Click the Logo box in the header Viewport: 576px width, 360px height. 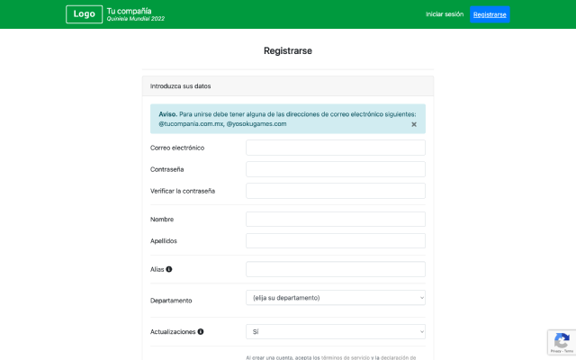coord(84,14)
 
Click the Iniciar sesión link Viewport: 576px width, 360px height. coord(445,14)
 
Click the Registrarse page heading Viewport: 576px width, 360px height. coord(288,51)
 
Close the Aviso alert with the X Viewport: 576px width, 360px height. coord(414,124)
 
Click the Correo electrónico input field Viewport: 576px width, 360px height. coord(335,148)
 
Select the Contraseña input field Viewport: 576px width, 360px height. coord(335,169)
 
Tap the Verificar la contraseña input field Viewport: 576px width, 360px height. coord(335,191)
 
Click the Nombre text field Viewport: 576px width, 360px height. coord(335,220)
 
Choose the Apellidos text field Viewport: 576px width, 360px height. coord(335,241)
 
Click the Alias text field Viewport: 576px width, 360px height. coord(335,269)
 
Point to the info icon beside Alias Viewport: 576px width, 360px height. coord(169,269)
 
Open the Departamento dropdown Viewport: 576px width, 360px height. coord(335,298)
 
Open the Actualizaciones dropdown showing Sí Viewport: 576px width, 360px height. coord(335,332)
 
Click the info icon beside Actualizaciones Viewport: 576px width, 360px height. coord(201,332)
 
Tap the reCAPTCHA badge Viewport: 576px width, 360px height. coord(562,343)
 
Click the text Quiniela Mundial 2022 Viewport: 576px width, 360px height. coord(136,19)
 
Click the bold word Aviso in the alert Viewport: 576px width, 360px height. coord(167,114)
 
